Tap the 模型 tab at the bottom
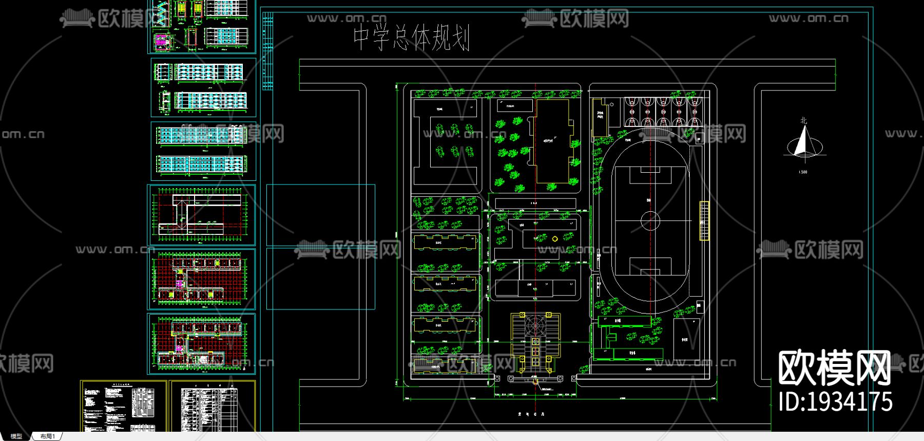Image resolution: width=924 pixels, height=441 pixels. tap(16, 436)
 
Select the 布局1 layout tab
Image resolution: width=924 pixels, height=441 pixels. tap(47, 436)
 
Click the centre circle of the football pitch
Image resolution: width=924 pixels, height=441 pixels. tap(650, 221)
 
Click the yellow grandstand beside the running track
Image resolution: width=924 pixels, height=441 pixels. tap(704, 221)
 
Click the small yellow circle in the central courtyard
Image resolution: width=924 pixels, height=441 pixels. tap(554, 239)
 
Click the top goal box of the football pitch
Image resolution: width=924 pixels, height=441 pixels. tap(650, 175)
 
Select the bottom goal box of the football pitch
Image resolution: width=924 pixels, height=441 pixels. tap(650, 266)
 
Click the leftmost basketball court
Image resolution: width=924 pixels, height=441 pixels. tap(631, 112)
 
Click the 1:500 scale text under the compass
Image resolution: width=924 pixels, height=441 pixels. tap(803, 172)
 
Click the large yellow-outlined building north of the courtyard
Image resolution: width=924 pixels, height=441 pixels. tap(553, 141)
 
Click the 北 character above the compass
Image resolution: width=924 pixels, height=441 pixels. tap(803, 121)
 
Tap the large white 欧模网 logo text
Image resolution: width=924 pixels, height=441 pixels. tap(834, 368)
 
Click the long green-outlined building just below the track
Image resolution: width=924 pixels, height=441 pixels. tap(624, 321)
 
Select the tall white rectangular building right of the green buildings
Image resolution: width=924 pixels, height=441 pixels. tap(686, 339)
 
